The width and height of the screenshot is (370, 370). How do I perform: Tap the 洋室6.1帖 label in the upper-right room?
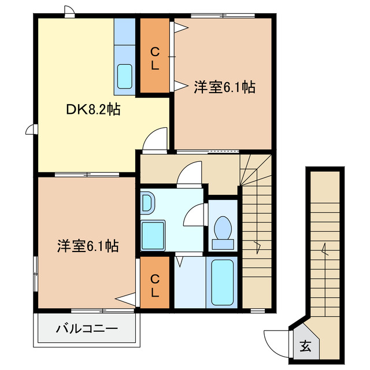point(224,87)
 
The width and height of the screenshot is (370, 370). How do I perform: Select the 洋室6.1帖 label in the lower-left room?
point(88,246)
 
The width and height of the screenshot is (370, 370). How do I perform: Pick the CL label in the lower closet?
point(154,286)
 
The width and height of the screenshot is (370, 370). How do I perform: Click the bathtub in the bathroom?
point(222,282)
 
